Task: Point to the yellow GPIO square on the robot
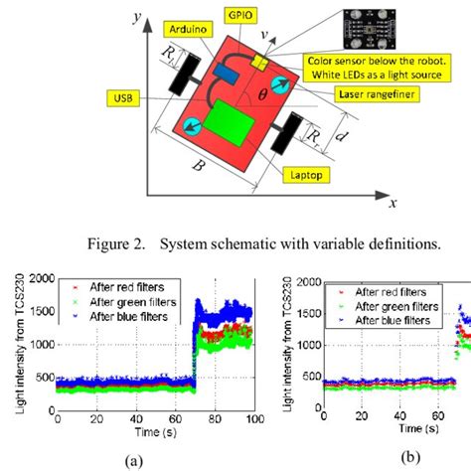(x=259, y=62)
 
